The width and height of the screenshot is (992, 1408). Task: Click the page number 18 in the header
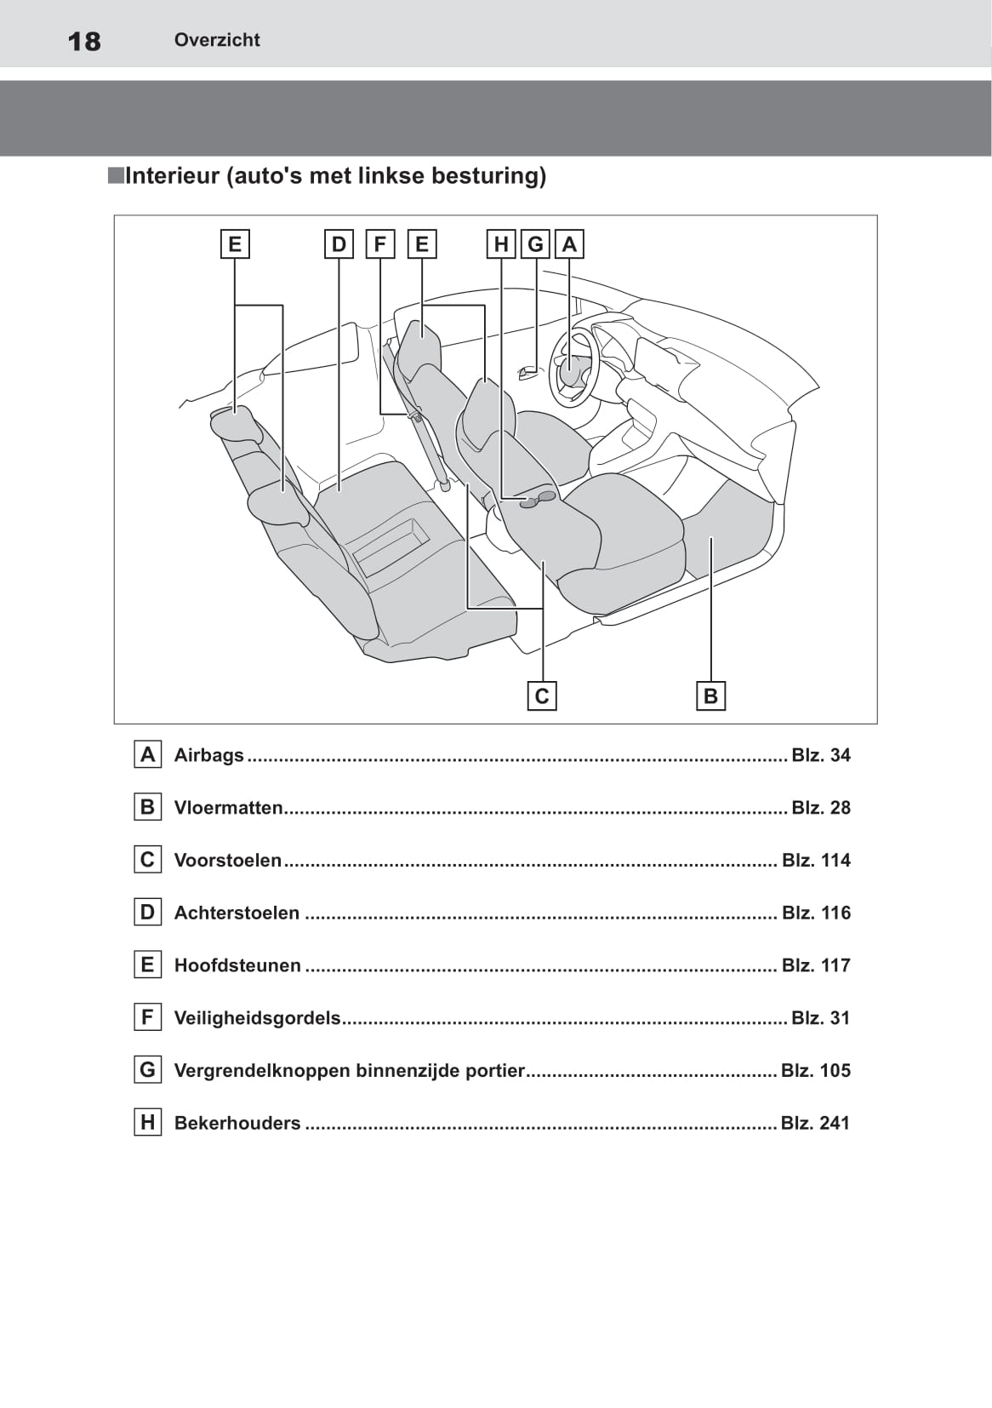(x=84, y=41)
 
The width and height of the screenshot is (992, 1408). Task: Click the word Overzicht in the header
(x=217, y=40)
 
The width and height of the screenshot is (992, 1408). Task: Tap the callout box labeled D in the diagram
(x=339, y=244)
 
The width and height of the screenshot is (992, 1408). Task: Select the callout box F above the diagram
(x=379, y=244)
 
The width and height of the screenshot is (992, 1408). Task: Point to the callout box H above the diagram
(x=501, y=244)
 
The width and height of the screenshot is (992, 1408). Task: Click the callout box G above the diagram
(x=535, y=244)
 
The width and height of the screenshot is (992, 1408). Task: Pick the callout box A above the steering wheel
(x=569, y=244)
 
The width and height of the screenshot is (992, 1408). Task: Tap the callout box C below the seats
(x=542, y=696)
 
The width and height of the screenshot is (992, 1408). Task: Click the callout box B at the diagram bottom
(x=710, y=696)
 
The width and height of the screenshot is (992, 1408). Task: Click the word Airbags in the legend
(x=208, y=755)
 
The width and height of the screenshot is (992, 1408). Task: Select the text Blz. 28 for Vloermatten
(x=820, y=808)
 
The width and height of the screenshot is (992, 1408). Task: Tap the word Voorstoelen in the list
(x=227, y=861)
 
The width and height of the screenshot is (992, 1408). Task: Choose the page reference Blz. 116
(x=816, y=913)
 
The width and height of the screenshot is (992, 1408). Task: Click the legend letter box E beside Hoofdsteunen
(x=147, y=964)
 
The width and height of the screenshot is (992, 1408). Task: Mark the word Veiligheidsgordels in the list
(x=257, y=1018)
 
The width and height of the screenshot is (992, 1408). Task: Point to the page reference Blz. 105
(x=815, y=1071)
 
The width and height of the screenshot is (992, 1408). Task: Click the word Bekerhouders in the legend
(x=237, y=1124)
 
